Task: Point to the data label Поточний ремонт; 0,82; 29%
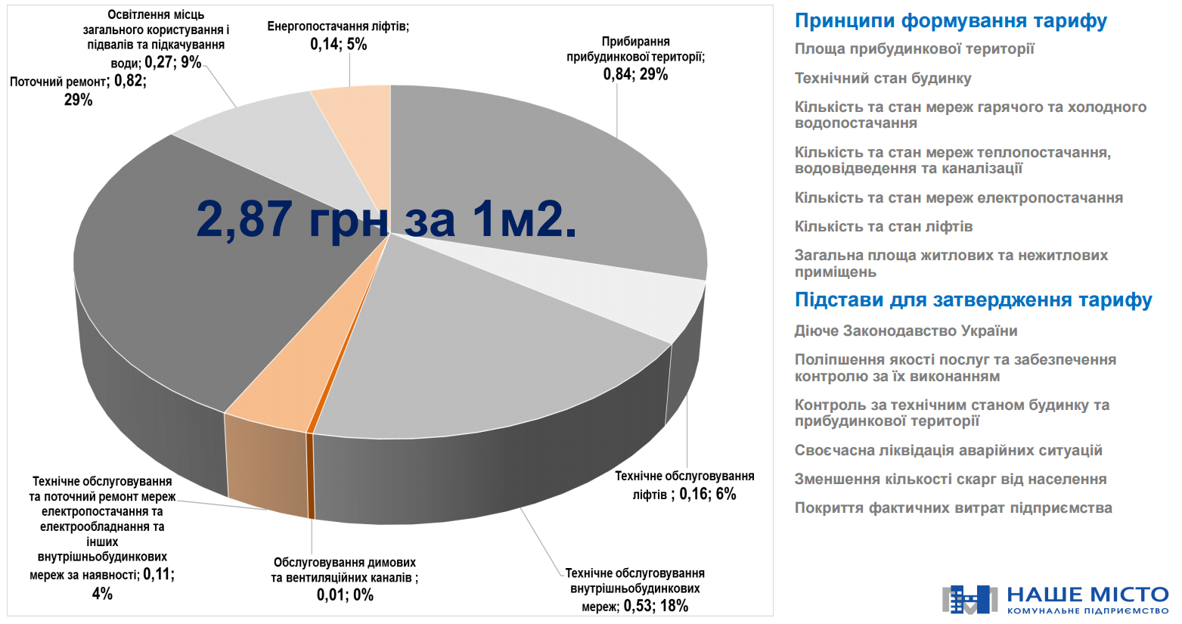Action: click(78, 90)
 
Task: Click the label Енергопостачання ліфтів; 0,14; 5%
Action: click(338, 36)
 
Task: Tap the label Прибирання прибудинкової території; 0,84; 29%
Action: click(635, 57)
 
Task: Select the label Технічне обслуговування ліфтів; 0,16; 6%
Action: click(684, 485)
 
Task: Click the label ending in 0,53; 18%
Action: click(635, 589)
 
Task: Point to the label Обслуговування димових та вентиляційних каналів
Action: click(344, 579)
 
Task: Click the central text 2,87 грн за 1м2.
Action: click(386, 219)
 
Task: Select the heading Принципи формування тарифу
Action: click(951, 21)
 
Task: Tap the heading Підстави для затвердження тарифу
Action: click(973, 300)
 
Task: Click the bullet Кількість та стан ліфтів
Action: click(883, 227)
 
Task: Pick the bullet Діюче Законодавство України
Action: click(905, 331)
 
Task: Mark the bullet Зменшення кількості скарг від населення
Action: click(950, 480)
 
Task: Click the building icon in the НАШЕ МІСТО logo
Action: click(969, 599)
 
